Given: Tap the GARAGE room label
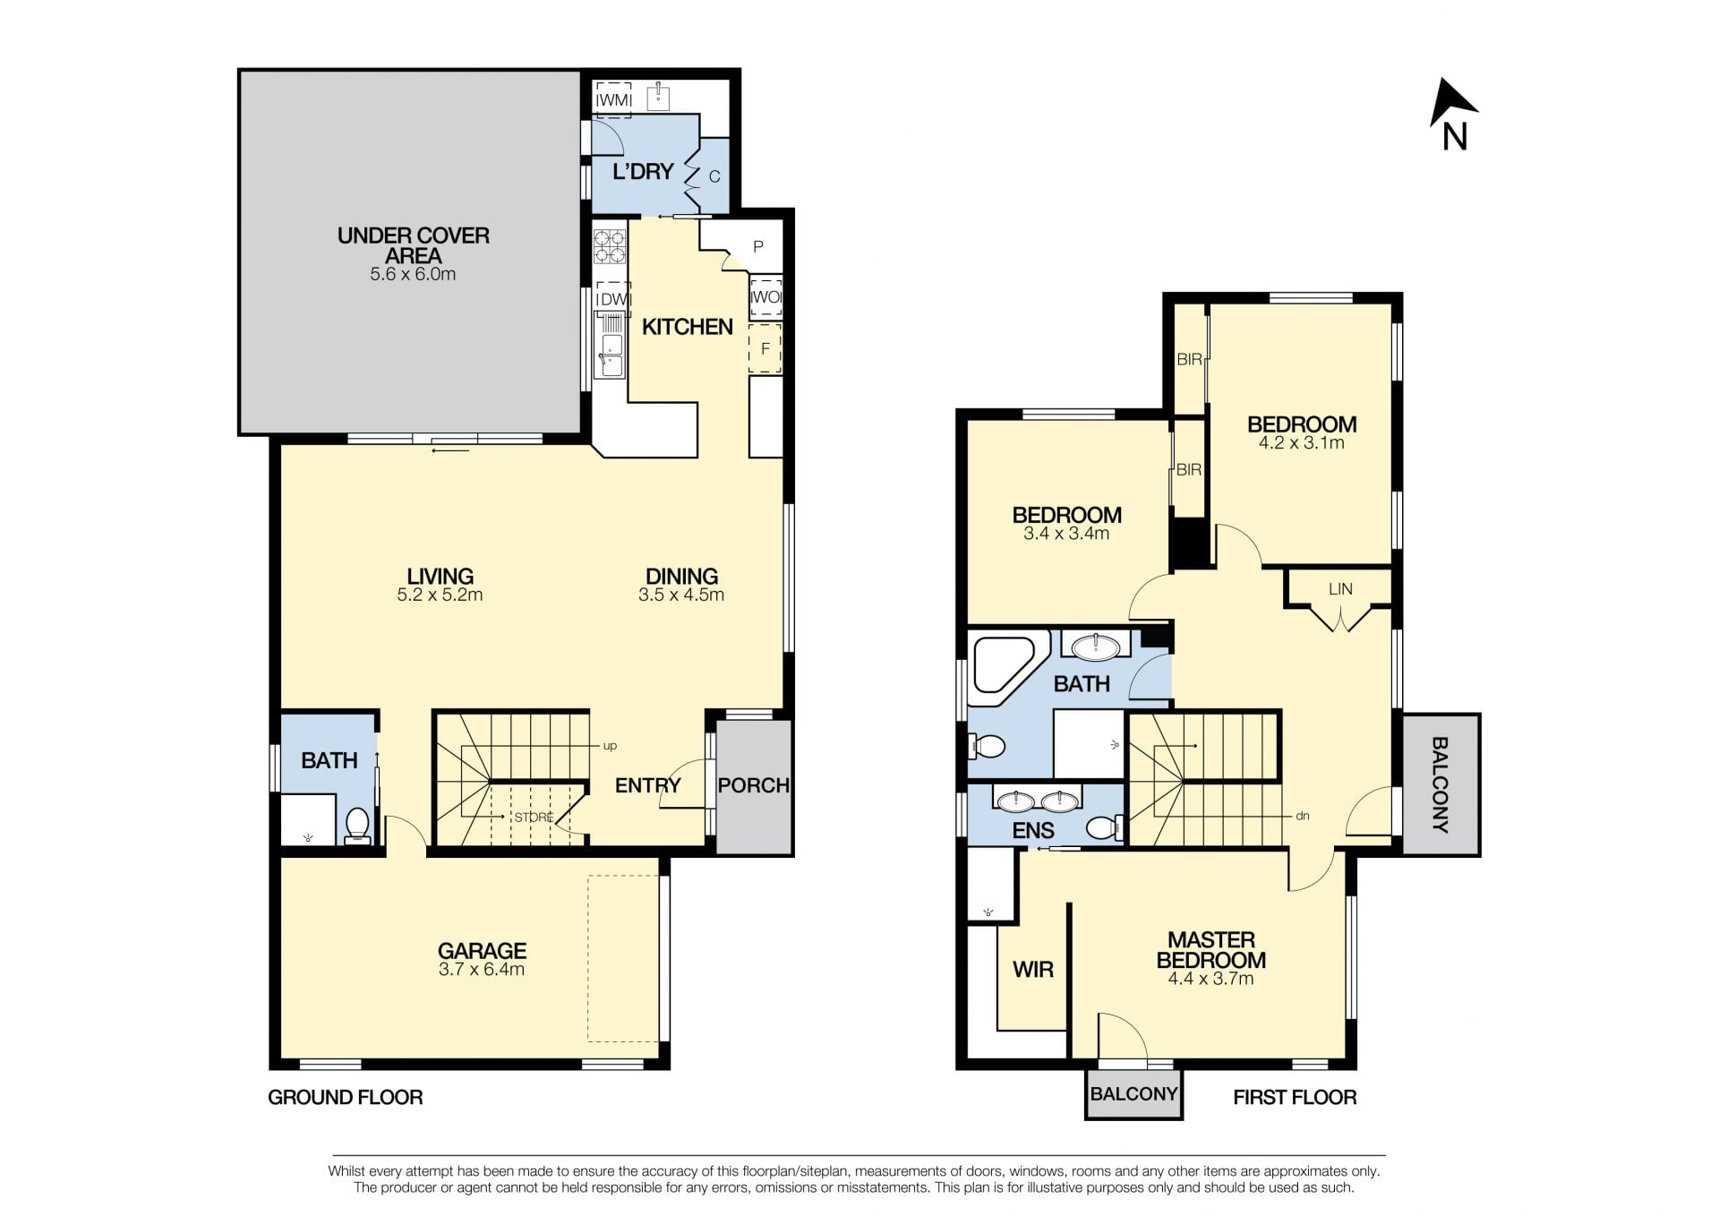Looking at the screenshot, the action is click(482, 950).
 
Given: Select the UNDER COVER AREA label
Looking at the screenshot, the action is click(414, 245).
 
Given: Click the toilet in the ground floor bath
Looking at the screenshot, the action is click(357, 825).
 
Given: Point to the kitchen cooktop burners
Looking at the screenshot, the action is click(610, 246).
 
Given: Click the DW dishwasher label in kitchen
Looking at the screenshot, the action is click(612, 299).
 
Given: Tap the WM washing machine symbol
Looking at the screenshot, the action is click(613, 100).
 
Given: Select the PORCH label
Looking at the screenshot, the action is click(754, 785).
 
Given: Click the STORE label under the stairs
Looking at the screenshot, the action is click(534, 818).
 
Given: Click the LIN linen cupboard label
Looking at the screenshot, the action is click(1340, 589).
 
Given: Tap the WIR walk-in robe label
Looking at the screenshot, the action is click(1033, 969).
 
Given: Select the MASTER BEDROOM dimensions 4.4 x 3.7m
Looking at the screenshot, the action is click(1210, 979).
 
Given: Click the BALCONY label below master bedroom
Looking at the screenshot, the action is click(1133, 1093).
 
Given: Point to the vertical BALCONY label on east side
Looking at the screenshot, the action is click(1440, 784).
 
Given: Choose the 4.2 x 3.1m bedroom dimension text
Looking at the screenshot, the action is click(1301, 442).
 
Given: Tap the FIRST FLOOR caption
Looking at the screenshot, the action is click(1295, 1097).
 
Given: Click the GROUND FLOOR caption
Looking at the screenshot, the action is click(346, 1097).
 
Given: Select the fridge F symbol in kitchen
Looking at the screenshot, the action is click(765, 349).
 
